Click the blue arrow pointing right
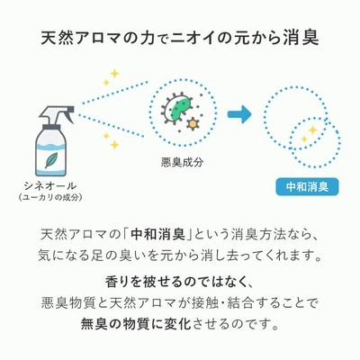pos(239,114)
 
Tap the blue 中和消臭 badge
pos(307,187)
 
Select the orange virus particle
pos(193,123)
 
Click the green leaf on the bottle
pos(51,160)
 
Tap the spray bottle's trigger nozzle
pos(57,114)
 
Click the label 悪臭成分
pos(182,162)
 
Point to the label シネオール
pos(49,186)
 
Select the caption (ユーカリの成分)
pos(50,197)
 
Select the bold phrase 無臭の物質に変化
pos(136,324)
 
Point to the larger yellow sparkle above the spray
pos(114,74)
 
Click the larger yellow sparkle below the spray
pos(114,145)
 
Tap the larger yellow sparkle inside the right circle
pos(313,130)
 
